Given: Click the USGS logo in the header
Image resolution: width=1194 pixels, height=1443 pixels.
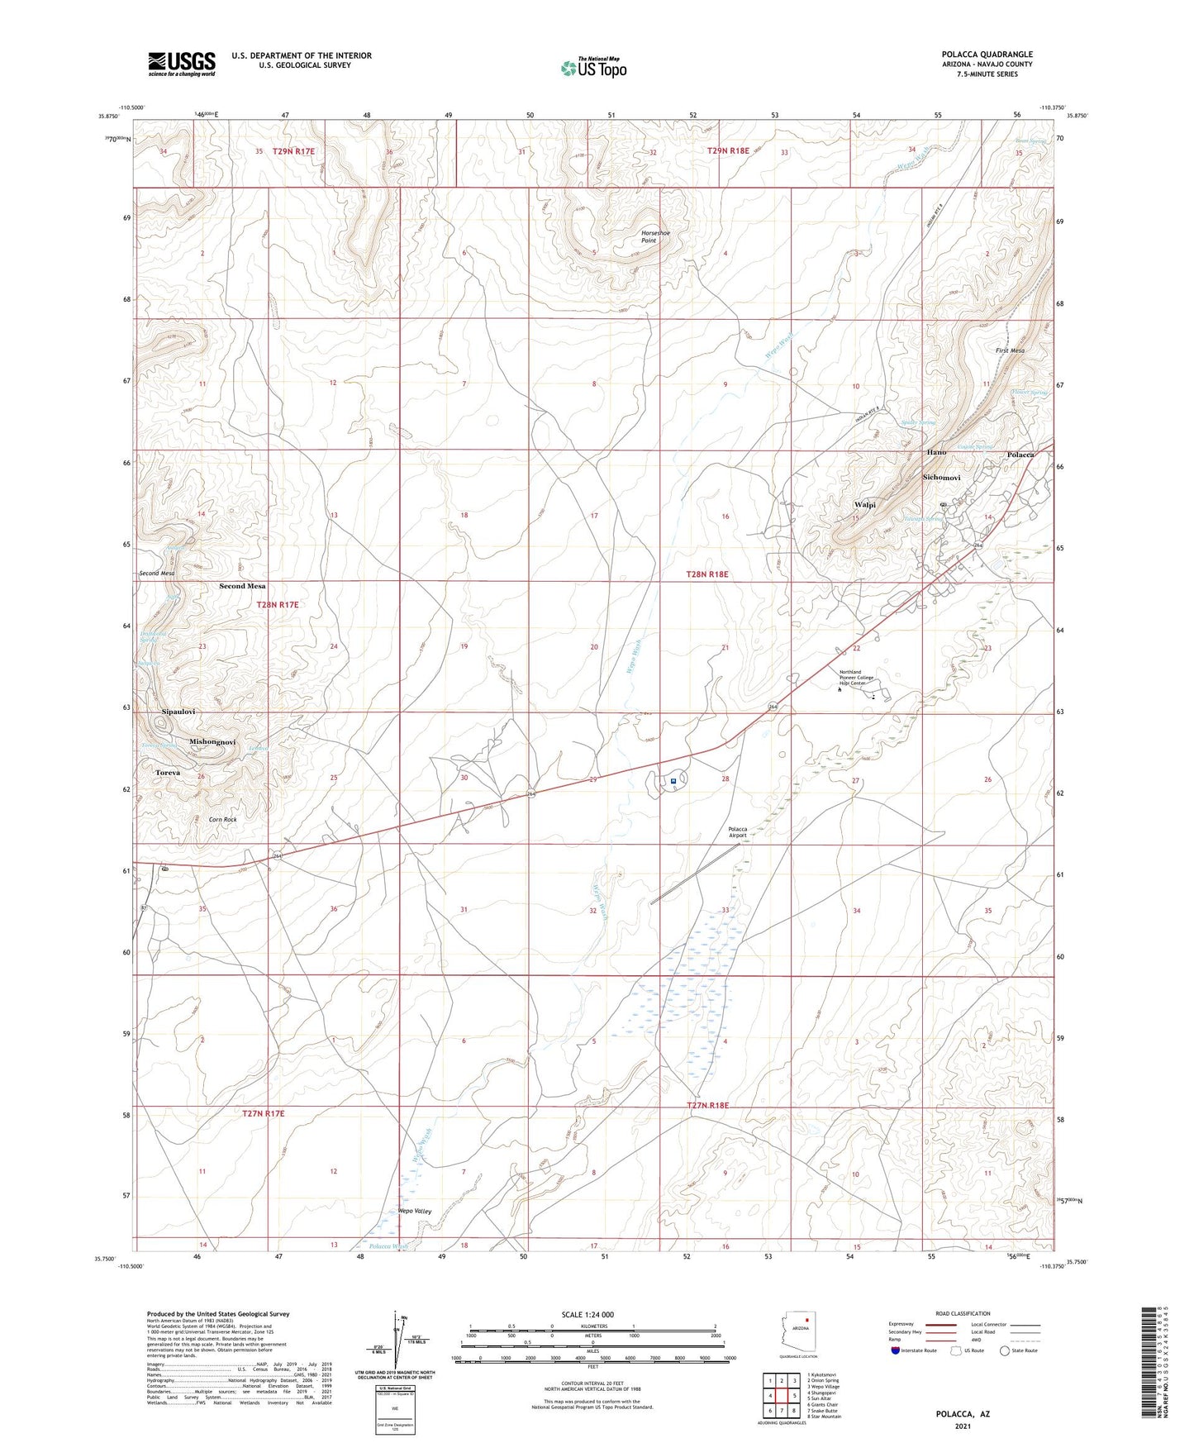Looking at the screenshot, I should [182, 64].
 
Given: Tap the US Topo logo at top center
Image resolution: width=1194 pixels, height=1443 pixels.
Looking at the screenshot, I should [592, 67].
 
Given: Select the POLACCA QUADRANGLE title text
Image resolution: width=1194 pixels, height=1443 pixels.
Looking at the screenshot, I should [987, 55].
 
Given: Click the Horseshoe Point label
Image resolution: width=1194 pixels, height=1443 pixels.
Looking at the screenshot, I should [655, 236].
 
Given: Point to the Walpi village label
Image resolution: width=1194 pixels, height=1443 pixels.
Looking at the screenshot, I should [864, 504].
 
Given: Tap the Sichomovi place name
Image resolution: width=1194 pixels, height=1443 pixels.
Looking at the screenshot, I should [941, 478].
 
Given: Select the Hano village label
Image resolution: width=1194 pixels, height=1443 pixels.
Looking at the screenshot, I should [936, 453].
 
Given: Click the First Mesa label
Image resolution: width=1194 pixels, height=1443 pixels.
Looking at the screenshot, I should [1010, 350].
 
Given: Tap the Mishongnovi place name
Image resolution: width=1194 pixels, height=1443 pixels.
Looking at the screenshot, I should [212, 742].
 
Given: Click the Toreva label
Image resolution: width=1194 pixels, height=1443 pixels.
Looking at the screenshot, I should [169, 773].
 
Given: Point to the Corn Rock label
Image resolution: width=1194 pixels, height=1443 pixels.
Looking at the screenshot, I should [222, 820].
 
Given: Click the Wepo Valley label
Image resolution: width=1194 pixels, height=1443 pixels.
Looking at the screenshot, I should [415, 1211].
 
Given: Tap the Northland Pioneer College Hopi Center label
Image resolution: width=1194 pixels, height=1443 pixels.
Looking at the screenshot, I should [863, 678].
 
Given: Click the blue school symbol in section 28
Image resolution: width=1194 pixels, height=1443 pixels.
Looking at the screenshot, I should [673, 780].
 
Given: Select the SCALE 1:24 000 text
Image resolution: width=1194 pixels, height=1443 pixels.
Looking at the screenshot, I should [587, 1314].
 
